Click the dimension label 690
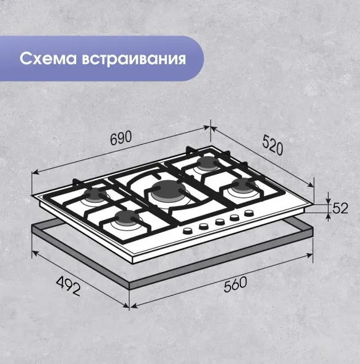(x=121, y=138)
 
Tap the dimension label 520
(x=273, y=145)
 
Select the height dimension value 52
(x=340, y=208)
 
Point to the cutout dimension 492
(x=68, y=286)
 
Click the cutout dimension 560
(x=236, y=285)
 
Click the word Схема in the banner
(x=48, y=58)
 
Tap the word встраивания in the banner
(x=134, y=59)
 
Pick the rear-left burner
(x=95, y=195)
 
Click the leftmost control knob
(x=188, y=230)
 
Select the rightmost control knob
(x=249, y=213)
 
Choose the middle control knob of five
(x=220, y=222)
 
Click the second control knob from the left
(x=204, y=226)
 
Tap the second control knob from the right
(x=234, y=218)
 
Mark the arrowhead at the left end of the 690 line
(x=34, y=172)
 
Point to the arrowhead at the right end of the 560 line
(x=310, y=256)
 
